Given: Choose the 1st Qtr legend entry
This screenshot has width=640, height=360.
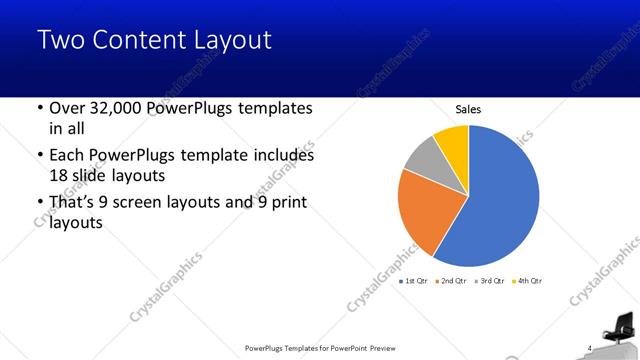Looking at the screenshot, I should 417,281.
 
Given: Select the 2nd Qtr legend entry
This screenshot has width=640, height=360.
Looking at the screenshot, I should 453,281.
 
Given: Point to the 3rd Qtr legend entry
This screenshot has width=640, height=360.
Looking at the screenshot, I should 490,281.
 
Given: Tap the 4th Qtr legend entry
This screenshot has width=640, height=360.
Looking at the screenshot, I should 527,281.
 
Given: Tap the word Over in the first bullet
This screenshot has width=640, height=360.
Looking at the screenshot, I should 65,108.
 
